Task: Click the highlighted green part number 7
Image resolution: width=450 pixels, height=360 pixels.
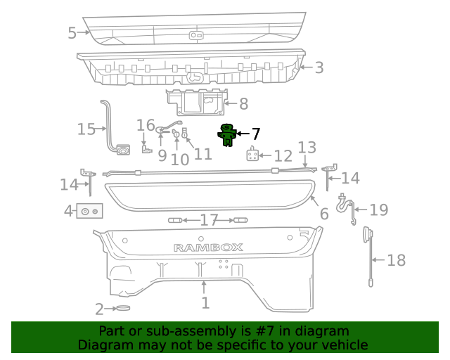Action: (227, 134)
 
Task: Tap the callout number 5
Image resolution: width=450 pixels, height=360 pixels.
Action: (72, 32)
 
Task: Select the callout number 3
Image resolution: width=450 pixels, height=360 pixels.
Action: (319, 67)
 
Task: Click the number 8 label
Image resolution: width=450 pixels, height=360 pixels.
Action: (243, 104)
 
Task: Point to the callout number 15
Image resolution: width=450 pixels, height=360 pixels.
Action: (86, 129)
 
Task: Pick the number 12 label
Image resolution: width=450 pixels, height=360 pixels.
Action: (283, 156)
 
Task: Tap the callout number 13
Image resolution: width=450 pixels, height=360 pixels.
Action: (307, 148)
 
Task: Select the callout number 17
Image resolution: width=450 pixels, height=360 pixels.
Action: (209, 221)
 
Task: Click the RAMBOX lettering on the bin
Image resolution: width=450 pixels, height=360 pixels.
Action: (208, 247)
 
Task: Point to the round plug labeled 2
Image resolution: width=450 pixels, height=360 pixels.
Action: (123, 308)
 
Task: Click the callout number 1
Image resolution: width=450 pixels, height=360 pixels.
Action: (205, 303)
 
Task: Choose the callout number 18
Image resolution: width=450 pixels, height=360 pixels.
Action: (397, 260)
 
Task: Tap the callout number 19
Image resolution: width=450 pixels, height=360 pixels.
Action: (379, 209)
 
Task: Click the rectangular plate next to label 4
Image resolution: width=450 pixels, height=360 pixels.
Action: (90, 210)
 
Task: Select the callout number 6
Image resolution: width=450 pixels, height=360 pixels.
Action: (323, 214)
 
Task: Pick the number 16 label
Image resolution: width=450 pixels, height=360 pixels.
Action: (146, 125)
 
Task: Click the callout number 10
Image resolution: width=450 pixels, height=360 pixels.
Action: (180, 159)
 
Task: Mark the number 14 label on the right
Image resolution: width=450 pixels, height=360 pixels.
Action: (350, 178)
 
